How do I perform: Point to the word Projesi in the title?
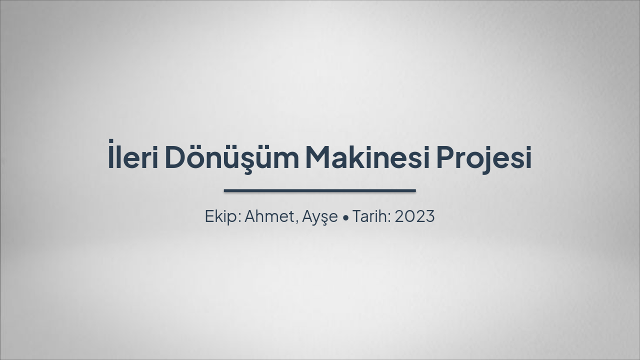click(483, 157)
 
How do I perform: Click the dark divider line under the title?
click(320, 190)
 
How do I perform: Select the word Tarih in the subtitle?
click(370, 216)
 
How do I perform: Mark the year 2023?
click(414, 216)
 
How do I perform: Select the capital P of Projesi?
click(445, 156)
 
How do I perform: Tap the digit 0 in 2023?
click(408, 216)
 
